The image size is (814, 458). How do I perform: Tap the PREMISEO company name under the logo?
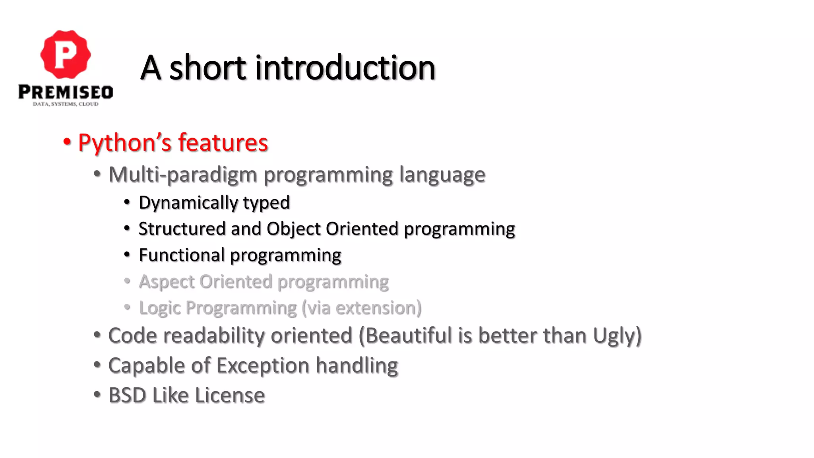click(66, 92)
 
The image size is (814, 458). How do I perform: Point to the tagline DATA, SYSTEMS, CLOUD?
click(66, 104)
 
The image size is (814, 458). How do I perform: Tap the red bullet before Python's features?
click(67, 142)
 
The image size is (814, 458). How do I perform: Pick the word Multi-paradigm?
click(182, 175)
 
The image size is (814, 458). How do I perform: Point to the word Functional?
click(182, 255)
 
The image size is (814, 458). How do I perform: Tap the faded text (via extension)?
click(361, 308)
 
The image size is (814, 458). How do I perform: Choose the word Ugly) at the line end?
click(617, 336)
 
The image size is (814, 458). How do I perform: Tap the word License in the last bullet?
click(230, 395)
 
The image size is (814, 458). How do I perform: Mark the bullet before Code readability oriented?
click(97, 335)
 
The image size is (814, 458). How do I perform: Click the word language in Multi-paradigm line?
click(442, 175)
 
